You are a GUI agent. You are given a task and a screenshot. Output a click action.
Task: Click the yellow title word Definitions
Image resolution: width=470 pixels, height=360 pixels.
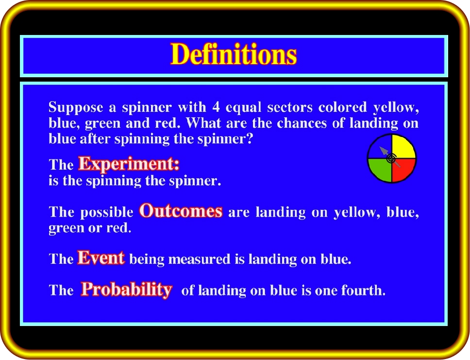(234, 54)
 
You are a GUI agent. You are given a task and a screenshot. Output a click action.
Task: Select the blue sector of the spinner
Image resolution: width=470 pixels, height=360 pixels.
(378, 149)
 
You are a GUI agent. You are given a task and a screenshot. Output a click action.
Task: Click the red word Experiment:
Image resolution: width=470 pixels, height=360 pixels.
(129, 164)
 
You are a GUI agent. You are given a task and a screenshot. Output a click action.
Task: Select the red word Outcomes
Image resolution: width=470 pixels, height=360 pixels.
(181, 211)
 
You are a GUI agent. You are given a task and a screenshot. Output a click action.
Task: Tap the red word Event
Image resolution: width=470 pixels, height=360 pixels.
(101, 257)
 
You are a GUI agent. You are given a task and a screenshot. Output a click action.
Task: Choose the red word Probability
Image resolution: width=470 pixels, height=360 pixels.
(127, 290)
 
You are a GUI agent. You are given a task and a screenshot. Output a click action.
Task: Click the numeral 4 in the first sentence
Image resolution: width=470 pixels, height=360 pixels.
(216, 107)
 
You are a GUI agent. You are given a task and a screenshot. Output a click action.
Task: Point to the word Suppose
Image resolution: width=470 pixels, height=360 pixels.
(76, 108)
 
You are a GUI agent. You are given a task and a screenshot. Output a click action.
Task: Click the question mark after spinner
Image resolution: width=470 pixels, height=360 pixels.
(250, 138)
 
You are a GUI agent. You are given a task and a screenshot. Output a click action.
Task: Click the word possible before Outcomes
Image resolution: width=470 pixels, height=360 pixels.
(107, 213)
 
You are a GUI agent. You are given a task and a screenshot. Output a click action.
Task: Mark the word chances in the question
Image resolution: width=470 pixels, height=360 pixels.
(302, 123)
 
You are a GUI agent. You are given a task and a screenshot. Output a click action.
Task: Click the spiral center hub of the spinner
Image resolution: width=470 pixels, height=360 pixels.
(391, 158)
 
